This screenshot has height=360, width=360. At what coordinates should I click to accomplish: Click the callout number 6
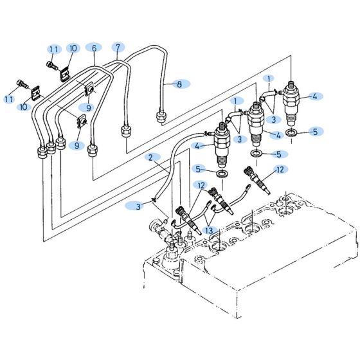(94, 48)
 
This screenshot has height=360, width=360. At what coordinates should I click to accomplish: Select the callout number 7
(117, 47)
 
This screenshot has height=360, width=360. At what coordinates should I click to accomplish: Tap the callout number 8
(179, 84)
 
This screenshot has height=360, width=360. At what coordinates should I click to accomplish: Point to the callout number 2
(150, 157)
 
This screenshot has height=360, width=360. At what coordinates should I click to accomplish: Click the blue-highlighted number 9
(85, 107)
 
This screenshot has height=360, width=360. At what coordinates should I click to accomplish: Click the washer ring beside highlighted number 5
(291, 132)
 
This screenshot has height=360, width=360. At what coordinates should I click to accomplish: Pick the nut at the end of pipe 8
(161, 118)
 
